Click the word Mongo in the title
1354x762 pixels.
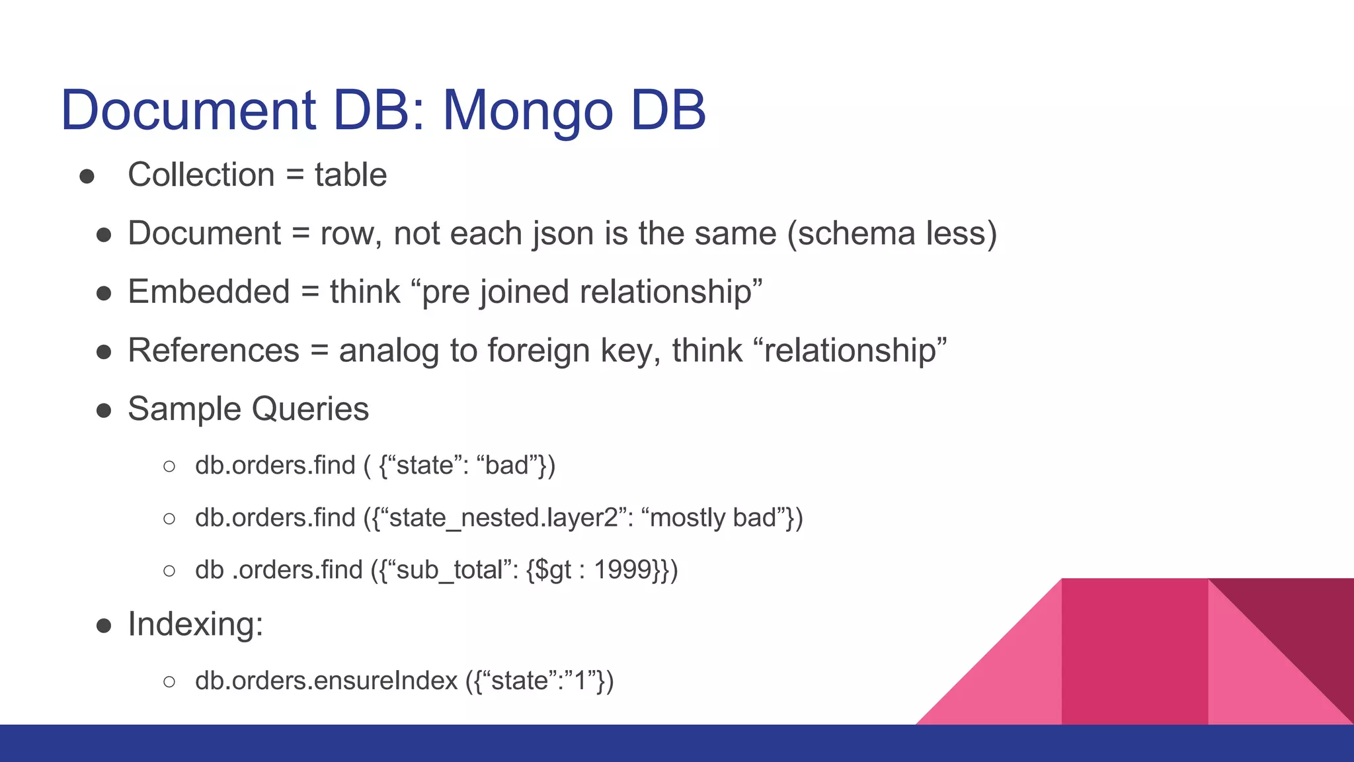528,110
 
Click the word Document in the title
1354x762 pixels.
188,110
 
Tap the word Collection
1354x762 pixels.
201,175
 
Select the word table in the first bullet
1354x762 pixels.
350,175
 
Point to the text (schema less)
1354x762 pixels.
892,233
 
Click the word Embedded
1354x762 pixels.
209,292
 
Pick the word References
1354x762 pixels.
214,351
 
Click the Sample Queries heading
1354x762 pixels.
248,409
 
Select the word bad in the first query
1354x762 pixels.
507,465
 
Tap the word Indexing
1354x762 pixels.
195,624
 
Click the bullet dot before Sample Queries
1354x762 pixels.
104,410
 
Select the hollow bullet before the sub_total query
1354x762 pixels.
169,570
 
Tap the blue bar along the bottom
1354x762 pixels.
463,743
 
